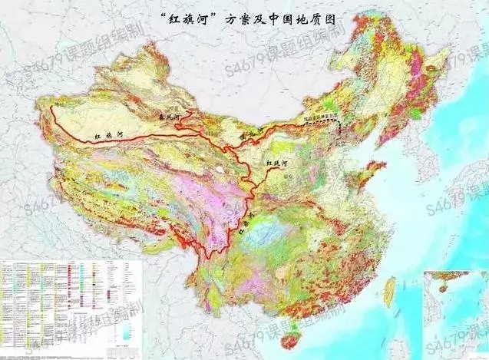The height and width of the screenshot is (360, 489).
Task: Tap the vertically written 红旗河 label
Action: (244, 225)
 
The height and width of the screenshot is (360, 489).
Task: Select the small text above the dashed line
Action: (320, 117)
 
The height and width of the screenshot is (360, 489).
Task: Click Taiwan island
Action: (388, 289)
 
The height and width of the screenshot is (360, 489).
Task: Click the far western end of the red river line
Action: (52, 107)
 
